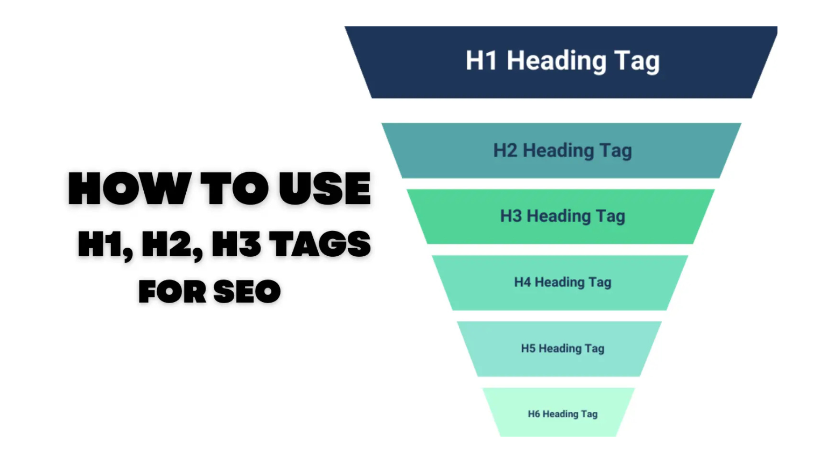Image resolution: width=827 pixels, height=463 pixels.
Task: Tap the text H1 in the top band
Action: click(x=481, y=60)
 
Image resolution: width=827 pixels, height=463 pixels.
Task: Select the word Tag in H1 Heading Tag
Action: click(x=636, y=61)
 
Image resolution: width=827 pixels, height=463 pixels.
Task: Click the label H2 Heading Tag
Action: click(x=562, y=151)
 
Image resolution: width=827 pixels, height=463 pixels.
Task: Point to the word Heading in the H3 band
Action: click(x=558, y=216)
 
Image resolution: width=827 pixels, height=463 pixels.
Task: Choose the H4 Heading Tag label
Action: click(x=562, y=282)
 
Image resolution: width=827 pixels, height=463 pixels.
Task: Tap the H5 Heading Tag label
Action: click(x=562, y=348)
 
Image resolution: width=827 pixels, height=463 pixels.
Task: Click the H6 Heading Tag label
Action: click(x=562, y=414)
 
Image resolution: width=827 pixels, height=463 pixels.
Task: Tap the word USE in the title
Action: click(x=325, y=189)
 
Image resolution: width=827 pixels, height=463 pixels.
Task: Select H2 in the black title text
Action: click(x=170, y=244)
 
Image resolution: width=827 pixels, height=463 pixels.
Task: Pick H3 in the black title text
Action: click(x=237, y=244)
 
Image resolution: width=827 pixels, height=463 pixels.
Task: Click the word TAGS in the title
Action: click(x=320, y=244)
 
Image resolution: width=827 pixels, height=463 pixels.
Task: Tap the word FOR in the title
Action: click(x=172, y=292)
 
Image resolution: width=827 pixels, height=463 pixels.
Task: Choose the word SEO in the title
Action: click(x=247, y=292)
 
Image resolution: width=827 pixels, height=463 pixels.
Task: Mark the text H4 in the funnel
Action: click(x=522, y=282)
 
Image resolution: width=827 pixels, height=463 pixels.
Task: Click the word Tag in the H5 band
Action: click(x=594, y=348)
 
